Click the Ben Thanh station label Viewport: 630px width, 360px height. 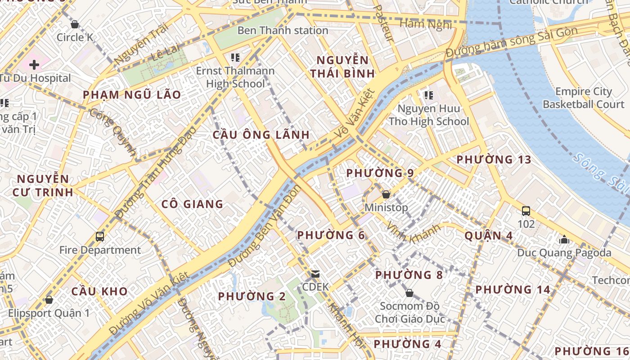coord(283,31)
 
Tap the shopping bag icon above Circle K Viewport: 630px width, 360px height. coord(75,24)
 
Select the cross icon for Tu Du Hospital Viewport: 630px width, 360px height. coord(34,65)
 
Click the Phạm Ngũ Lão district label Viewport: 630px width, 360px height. coord(132,95)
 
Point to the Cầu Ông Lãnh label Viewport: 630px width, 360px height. coord(261,135)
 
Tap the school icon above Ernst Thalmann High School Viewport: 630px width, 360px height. coord(234,58)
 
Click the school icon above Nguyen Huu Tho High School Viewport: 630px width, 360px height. coord(428,95)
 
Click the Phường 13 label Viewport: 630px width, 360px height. coord(494,160)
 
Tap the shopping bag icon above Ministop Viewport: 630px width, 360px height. coord(386,195)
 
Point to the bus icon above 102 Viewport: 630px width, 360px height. coord(526,211)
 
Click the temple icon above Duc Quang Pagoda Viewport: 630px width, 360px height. coord(564,239)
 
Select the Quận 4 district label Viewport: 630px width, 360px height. coord(489,236)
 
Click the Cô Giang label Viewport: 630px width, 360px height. coord(192,204)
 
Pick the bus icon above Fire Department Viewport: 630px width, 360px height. coord(100,237)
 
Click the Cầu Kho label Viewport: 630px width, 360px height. coord(99,291)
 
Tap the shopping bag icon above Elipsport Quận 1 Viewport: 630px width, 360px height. coord(49,300)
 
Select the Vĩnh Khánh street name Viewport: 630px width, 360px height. coord(414,234)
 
